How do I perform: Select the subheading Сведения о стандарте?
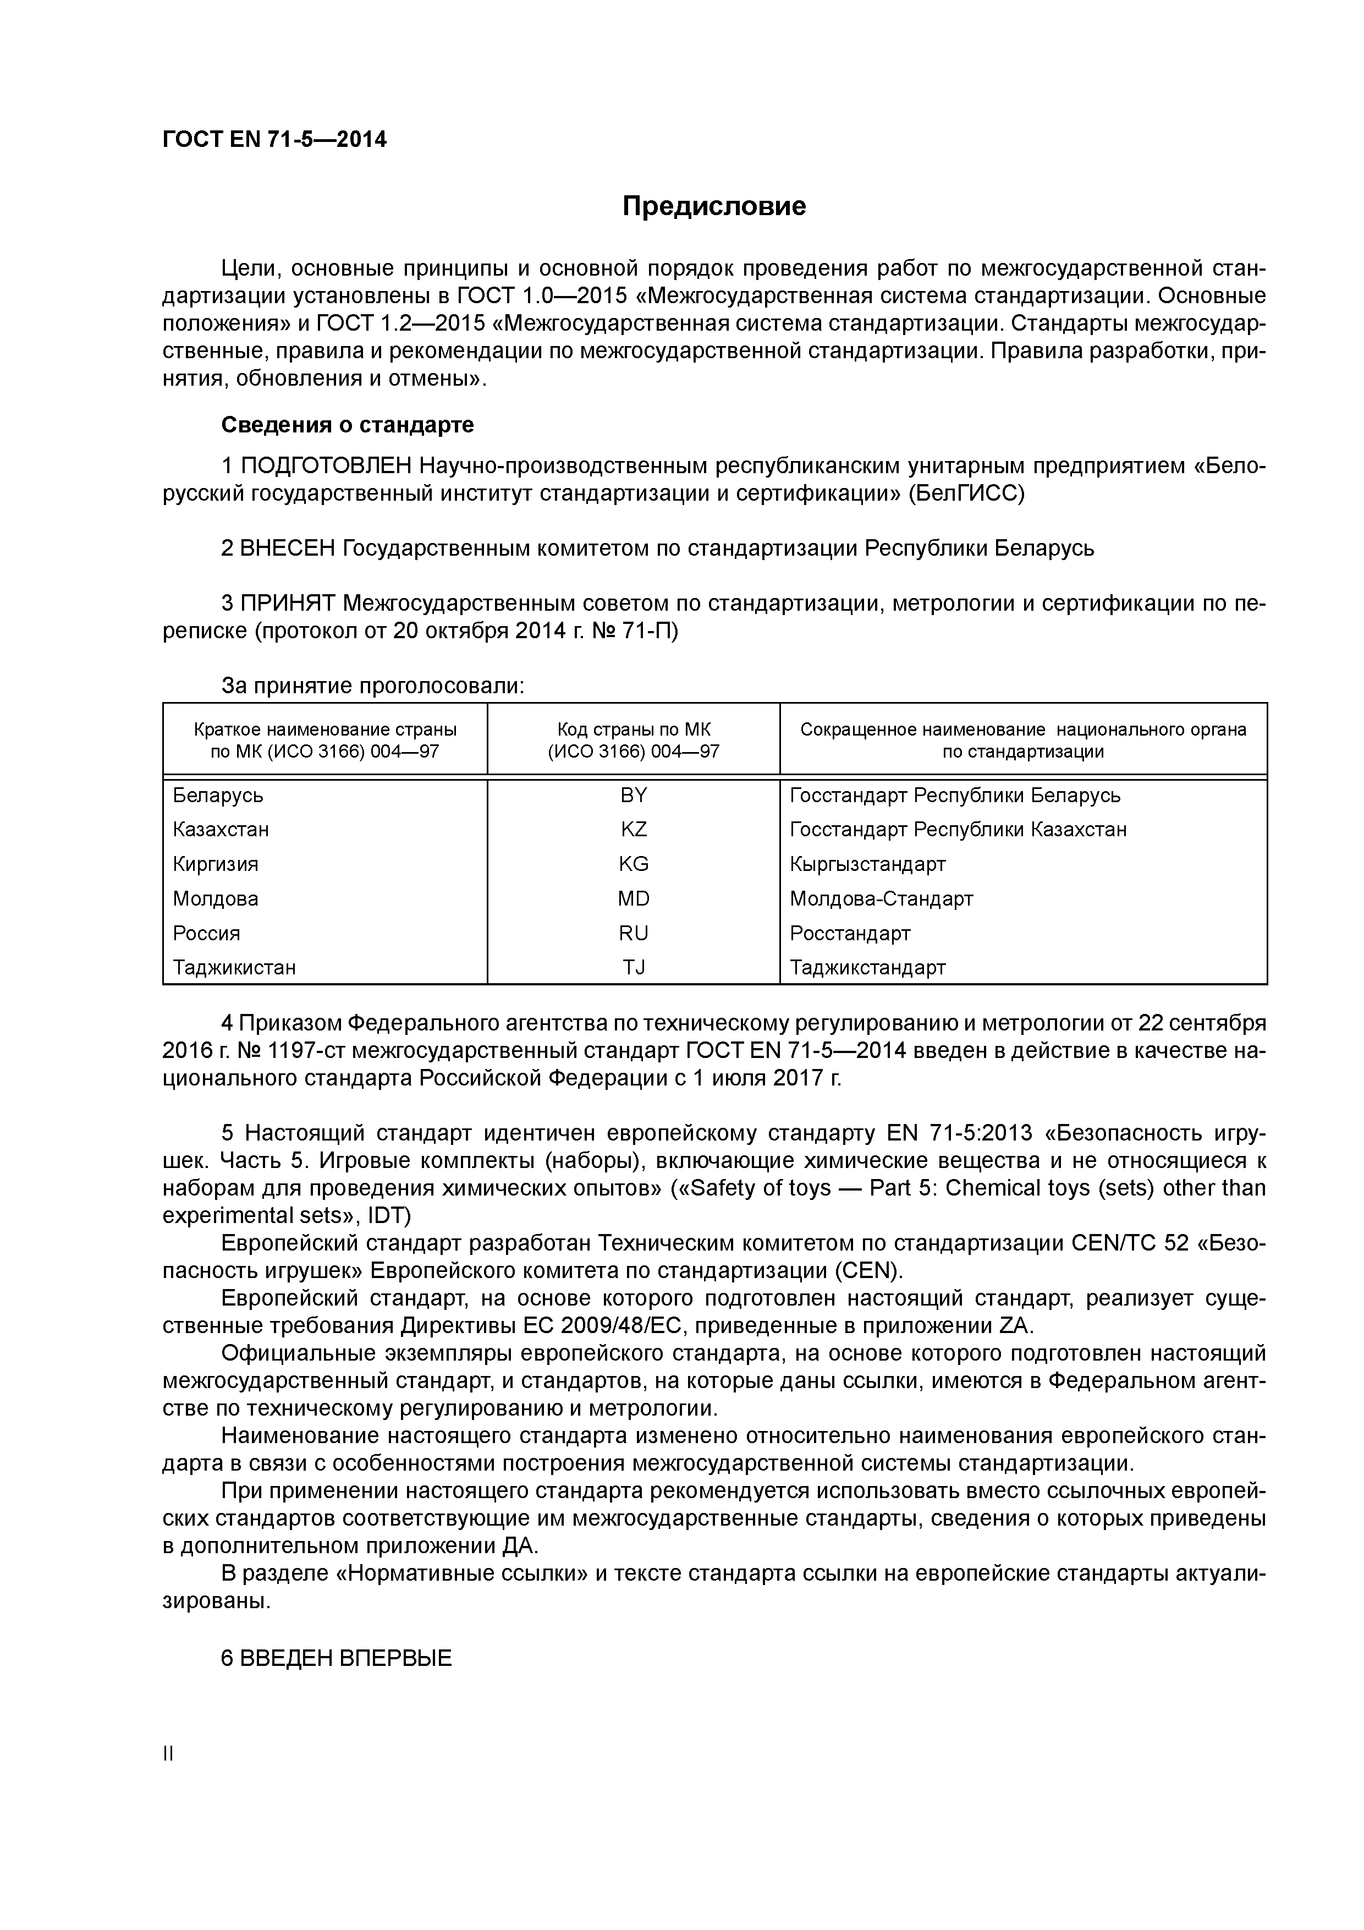click(x=347, y=425)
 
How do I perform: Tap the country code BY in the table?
click(x=633, y=795)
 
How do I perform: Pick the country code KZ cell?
click(x=633, y=830)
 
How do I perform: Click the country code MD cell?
click(x=633, y=898)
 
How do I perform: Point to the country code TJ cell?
click(x=633, y=968)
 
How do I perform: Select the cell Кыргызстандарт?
click(x=867, y=864)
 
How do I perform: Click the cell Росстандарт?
click(x=850, y=933)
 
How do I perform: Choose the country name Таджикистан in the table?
click(x=234, y=968)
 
